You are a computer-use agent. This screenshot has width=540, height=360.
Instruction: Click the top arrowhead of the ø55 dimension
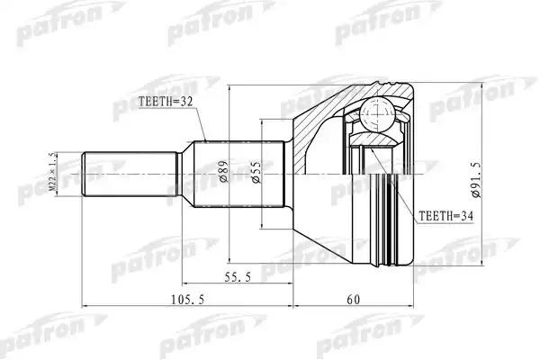coord(262,123)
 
